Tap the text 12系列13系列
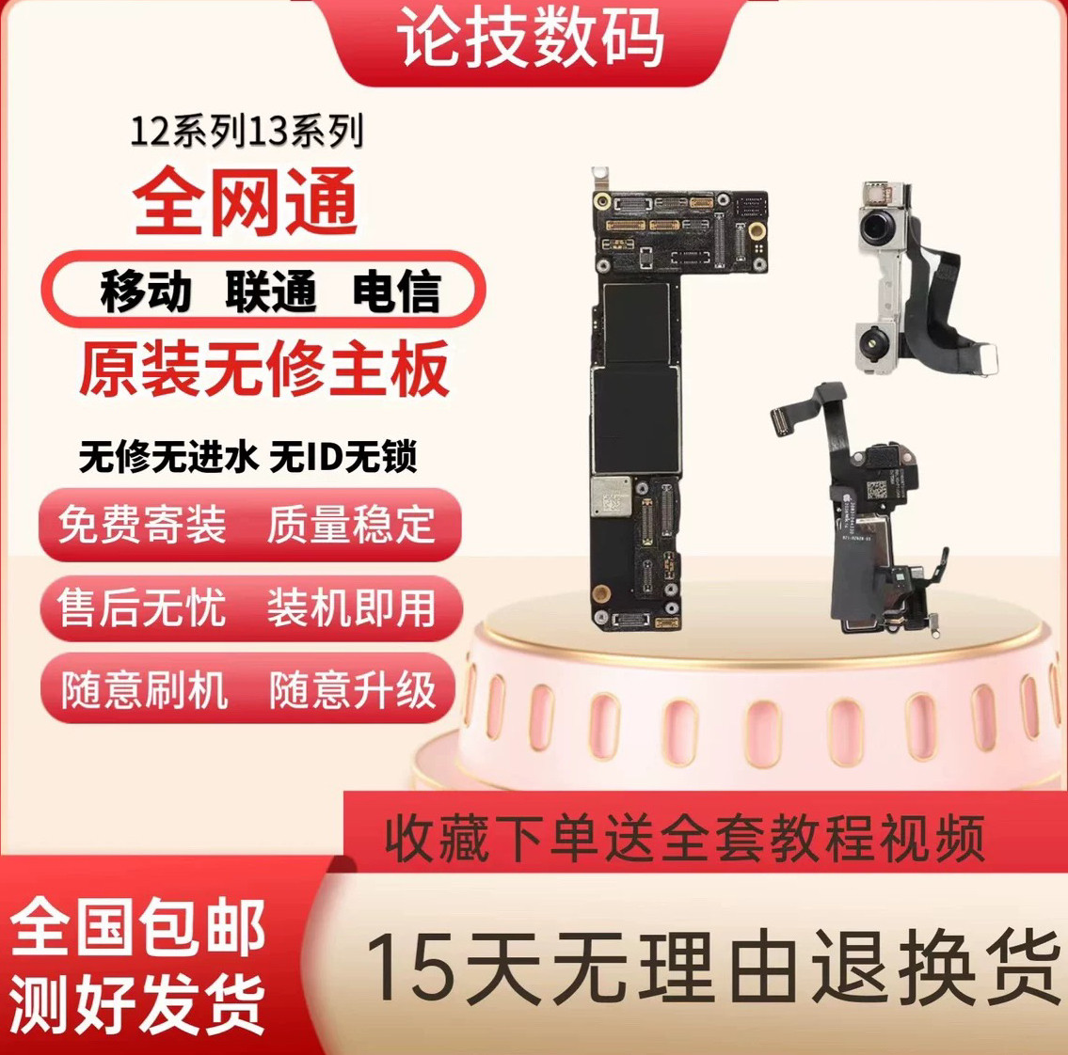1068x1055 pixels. click(x=246, y=133)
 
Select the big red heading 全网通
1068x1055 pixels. click(x=246, y=201)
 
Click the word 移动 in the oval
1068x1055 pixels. click(x=146, y=291)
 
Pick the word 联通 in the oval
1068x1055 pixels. click(x=271, y=291)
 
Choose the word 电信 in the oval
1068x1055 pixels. click(x=396, y=291)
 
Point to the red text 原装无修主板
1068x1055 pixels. click(x=263, y=369)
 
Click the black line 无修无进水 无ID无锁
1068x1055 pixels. click(x=247, y=458)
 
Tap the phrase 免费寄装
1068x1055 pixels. click(x=142, y=525)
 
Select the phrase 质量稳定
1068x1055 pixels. click(x=351, y=525)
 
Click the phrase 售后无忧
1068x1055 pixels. click(x=142, y=606)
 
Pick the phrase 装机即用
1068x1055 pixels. click(x=351, y=606)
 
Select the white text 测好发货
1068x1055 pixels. click(x=138, y=1003)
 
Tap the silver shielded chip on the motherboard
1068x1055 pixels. click(x=611, y=496)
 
